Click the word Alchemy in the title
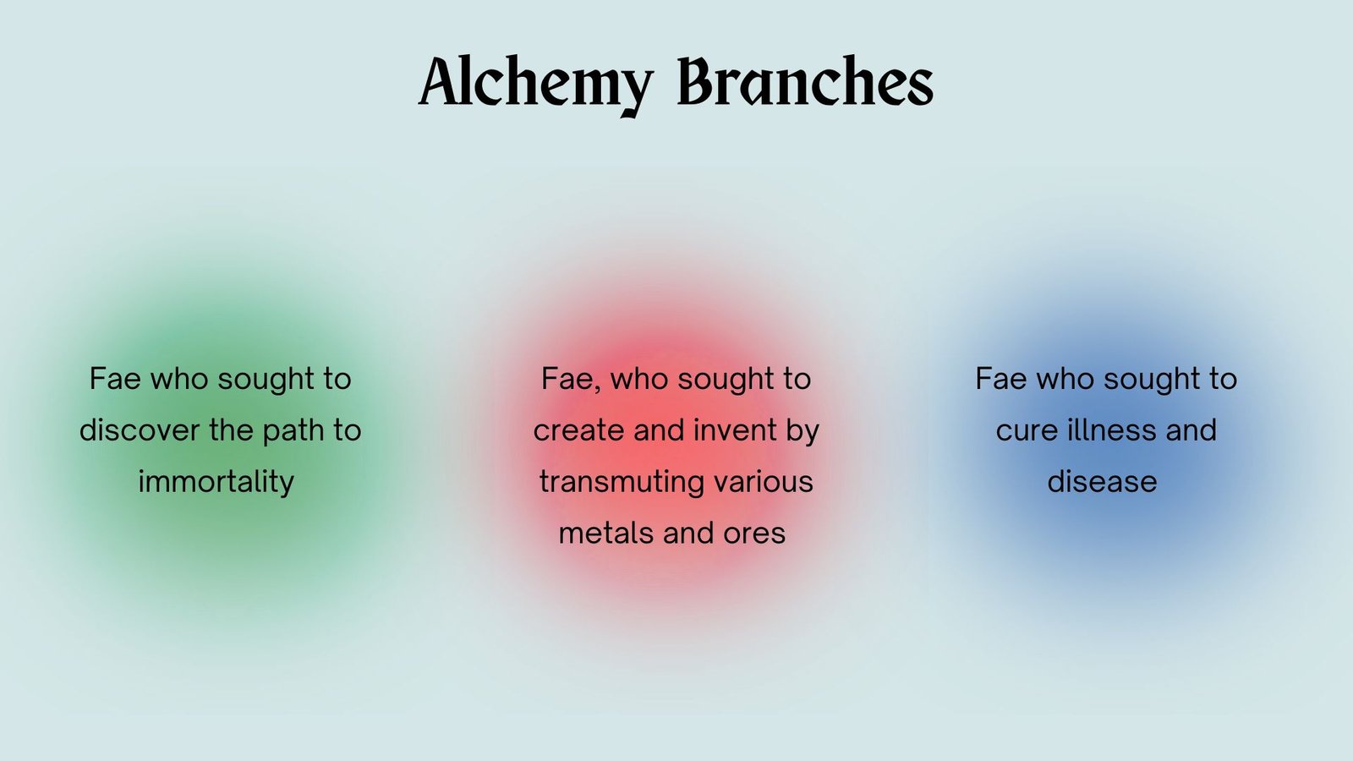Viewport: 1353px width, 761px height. coord(536,84)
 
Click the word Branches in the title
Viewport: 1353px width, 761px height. coord(806,81)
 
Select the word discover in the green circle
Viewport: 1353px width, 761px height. coord(139,430)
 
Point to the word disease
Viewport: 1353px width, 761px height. coord(1103,482)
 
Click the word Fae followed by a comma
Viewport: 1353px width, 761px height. coord(572,380)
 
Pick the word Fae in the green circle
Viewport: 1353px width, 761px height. coord(115,380)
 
